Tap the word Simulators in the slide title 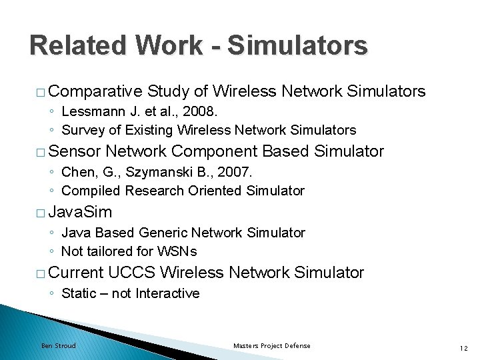[297, 45]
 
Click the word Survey [83, 130]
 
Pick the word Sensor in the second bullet [75, 151]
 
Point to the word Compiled [89, 191]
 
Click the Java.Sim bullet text [80, 212]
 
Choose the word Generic [163, 233]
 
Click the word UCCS [131, 273]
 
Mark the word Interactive [167, 293]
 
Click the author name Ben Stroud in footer [59, 345]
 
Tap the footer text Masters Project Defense [271, 345]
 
